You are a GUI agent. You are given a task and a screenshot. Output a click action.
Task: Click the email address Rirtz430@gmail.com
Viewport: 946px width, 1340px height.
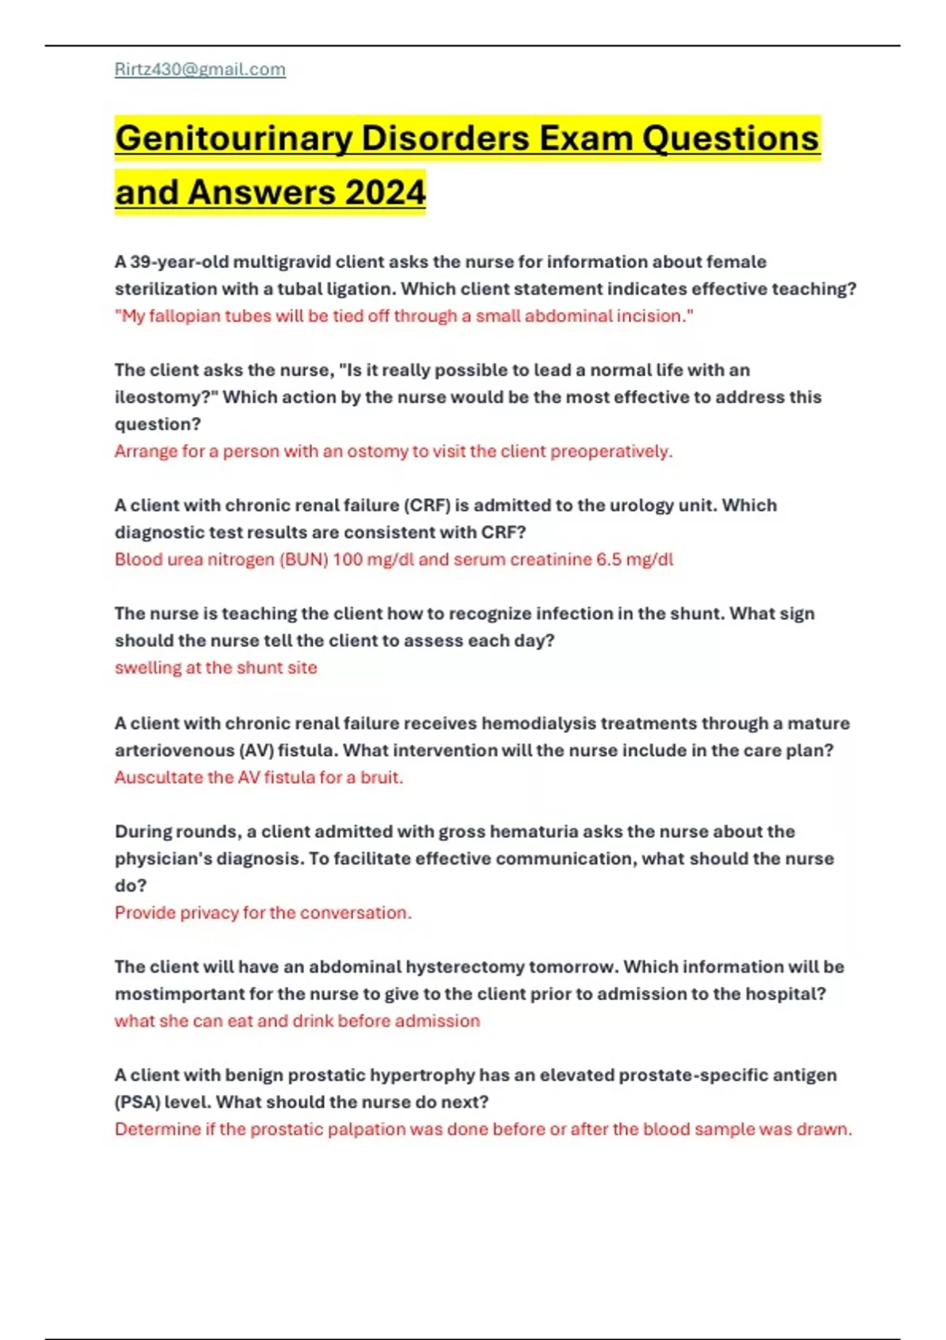(200, 69)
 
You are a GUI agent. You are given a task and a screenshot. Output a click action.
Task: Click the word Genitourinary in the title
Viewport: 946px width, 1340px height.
(233, 139)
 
